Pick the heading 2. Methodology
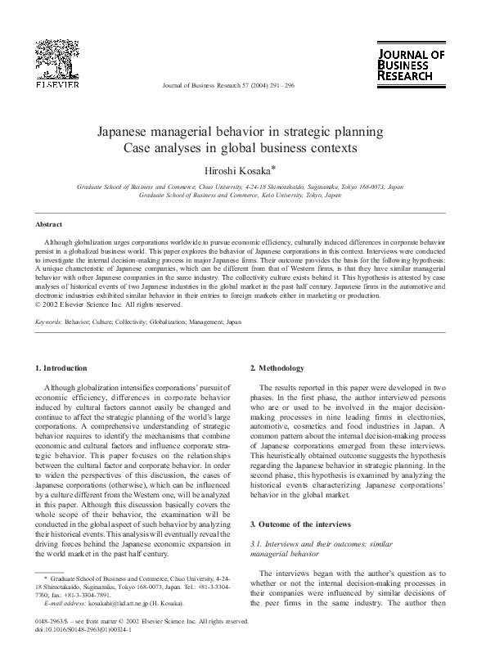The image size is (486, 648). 277,368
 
